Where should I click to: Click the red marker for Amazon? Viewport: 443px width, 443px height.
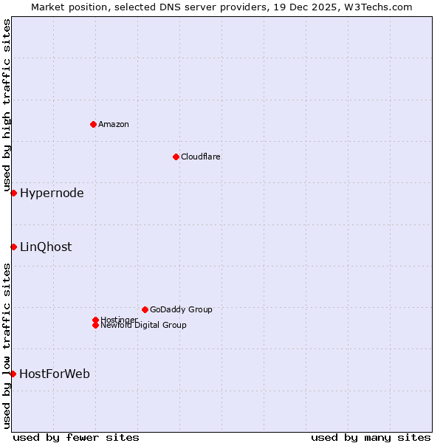tap(93, 124)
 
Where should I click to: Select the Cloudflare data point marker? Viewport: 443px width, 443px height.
tap(176, 157)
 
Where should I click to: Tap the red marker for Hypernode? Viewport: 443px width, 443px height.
tap(13, 193)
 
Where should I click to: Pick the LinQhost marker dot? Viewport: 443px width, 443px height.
tap(13, 247)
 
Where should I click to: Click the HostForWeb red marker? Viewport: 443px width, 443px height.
tap(13, 374)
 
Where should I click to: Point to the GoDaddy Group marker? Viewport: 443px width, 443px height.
tap(145, 309)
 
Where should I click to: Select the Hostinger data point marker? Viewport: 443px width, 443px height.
tap(95, 320)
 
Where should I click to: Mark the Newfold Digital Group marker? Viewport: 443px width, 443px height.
tap(95, 325)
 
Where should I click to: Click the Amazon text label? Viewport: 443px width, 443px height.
tap(113, 124)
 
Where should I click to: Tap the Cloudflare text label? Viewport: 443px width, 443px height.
tap(200, 157)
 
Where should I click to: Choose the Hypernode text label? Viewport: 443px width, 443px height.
tap(52, 193)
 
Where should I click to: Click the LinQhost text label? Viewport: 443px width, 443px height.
tap(46, 247)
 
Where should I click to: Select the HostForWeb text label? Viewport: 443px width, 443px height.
tap(55, 374)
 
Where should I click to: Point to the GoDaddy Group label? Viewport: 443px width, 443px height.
tap(181, 309)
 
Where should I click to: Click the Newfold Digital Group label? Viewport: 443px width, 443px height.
tap(143, 325)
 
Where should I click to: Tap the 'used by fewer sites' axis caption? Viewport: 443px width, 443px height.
tap(76, 437)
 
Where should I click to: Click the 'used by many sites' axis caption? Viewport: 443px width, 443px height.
tap(371, 437)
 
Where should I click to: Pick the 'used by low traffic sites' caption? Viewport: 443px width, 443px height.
tap(7, 346)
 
